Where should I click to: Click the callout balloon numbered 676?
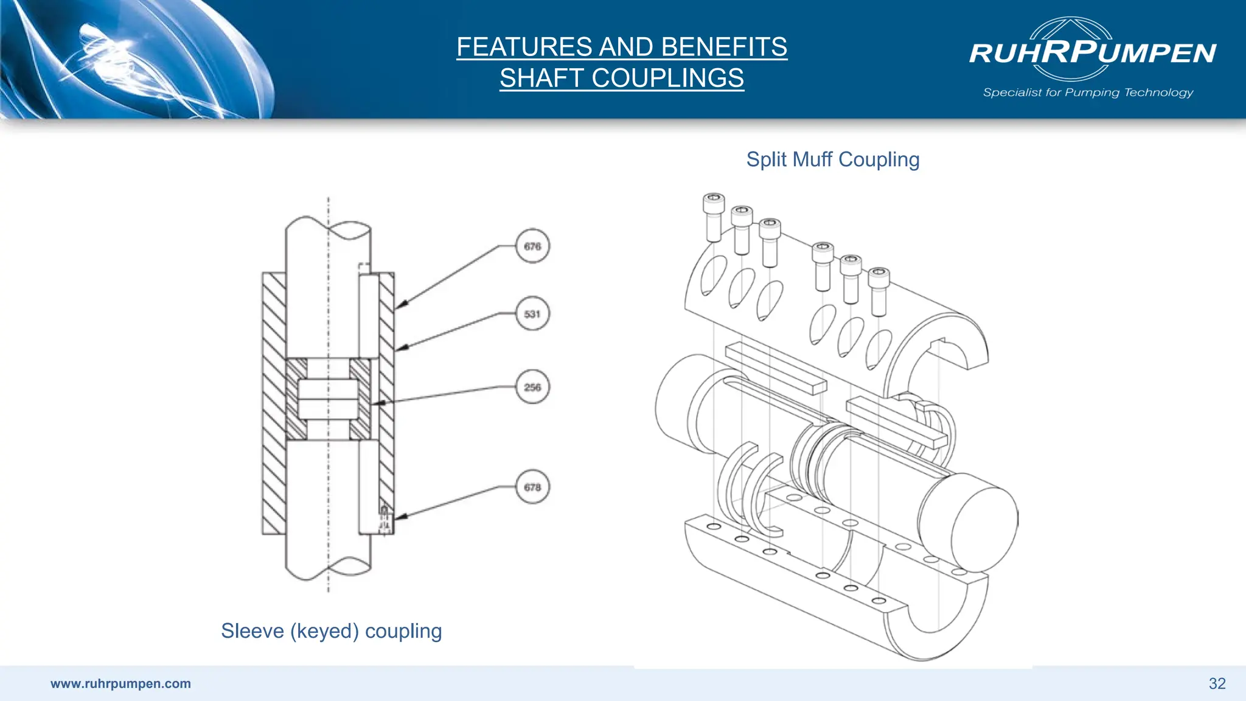point(532,246)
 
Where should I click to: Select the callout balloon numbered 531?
point(532,314)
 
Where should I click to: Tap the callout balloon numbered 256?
point(532,387)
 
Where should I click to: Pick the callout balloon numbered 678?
point(532,487)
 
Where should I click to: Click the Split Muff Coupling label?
point(832,159)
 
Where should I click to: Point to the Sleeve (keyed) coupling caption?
point(331,631)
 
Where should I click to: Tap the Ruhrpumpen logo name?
point(1092,53)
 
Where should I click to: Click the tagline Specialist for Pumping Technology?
point(1088,92)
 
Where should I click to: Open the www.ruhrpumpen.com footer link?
point(120,683)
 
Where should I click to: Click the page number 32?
point(1217,683)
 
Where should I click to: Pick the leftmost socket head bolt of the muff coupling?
point(714,217)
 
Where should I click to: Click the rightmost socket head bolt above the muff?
point(879,291)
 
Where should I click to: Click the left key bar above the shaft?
point(776,368)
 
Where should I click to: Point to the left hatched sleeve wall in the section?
point(274,403)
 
